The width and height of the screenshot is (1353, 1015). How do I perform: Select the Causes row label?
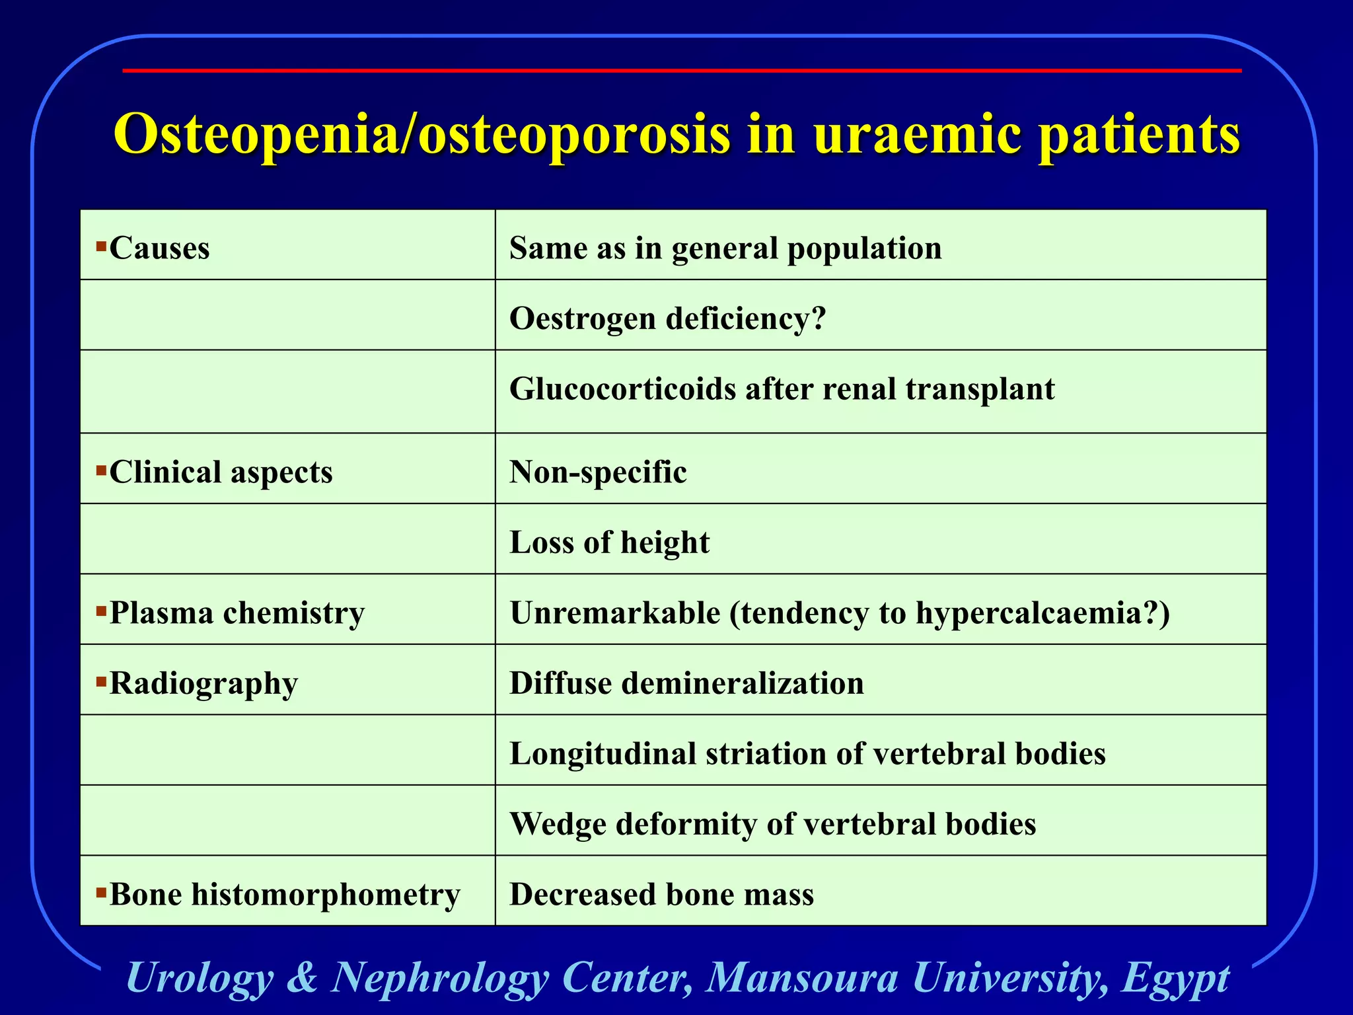click(x=159, y=248)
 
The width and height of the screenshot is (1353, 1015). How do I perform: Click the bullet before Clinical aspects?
click(x=101, y=471)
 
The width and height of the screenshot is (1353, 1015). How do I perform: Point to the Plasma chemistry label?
click(x=237, y=613)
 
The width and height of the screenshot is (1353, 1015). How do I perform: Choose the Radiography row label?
click(x=203, y=683)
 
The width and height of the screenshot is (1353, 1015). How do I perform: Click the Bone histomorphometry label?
click(x=284, y=894)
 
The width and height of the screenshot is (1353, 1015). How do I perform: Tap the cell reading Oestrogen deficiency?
click(x=667, y=319)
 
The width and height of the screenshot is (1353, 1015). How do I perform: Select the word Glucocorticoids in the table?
click(x=622, y=389)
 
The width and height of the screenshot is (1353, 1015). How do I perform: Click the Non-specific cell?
click(x=598, y=472)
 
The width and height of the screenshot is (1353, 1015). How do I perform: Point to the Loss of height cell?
click(x=609, y=543)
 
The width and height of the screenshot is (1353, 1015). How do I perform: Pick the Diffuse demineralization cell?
click(x=686, y=683)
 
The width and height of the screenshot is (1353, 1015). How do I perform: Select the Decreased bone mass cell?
click(x=661, y=894)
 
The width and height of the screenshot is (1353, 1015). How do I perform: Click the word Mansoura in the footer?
click(x=802, y=977)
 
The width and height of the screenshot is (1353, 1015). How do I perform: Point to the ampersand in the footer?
click(x=302, y=977)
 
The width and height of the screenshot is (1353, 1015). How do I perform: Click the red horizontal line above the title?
click(x=680, y=70)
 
